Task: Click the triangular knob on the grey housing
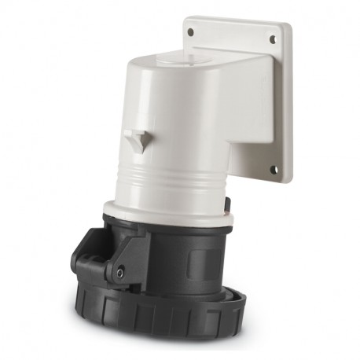pos(139,140)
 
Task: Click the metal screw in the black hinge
pos(119,272)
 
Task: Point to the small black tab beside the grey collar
pos(227,206)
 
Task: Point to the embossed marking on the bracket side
pos(236,118)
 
